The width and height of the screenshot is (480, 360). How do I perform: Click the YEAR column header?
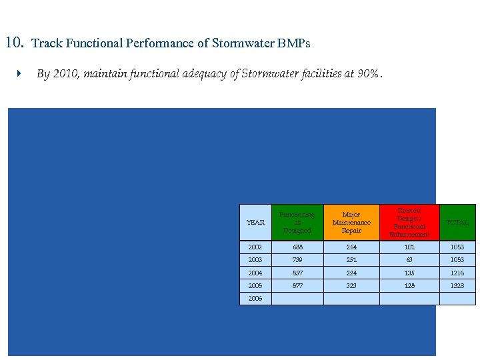tap(255, 223)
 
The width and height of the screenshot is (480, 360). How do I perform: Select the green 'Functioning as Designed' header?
tap(297, 223)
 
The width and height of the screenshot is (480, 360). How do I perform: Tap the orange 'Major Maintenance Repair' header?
tap(351, 223)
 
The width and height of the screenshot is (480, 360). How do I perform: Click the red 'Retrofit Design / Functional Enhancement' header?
tap(409, 223)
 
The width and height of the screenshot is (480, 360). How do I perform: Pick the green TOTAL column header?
tap(457, 223)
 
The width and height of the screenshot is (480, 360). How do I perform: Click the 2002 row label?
tap(255, 247)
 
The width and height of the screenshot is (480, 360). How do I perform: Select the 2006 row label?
tap(255, 299)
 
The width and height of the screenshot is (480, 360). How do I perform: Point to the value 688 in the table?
tap(297, 247)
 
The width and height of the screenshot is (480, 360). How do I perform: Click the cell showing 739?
tap(297, 260)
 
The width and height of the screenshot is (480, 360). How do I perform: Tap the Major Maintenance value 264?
tap(351, 247)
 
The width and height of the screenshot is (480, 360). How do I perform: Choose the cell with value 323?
tap(351, 286)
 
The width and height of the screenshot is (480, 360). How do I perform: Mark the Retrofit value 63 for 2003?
tap(409, 260)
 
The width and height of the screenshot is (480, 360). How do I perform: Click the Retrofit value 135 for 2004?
tap(409, 273)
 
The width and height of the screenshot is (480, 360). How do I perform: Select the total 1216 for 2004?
tap(457, 273)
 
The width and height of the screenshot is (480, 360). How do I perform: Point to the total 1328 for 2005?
tap(457, 286)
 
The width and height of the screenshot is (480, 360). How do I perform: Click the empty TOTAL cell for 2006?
tap(457, 299)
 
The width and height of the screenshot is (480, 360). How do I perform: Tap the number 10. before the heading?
tap(15, 43)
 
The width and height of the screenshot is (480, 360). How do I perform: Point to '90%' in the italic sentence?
tap(367, 74)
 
